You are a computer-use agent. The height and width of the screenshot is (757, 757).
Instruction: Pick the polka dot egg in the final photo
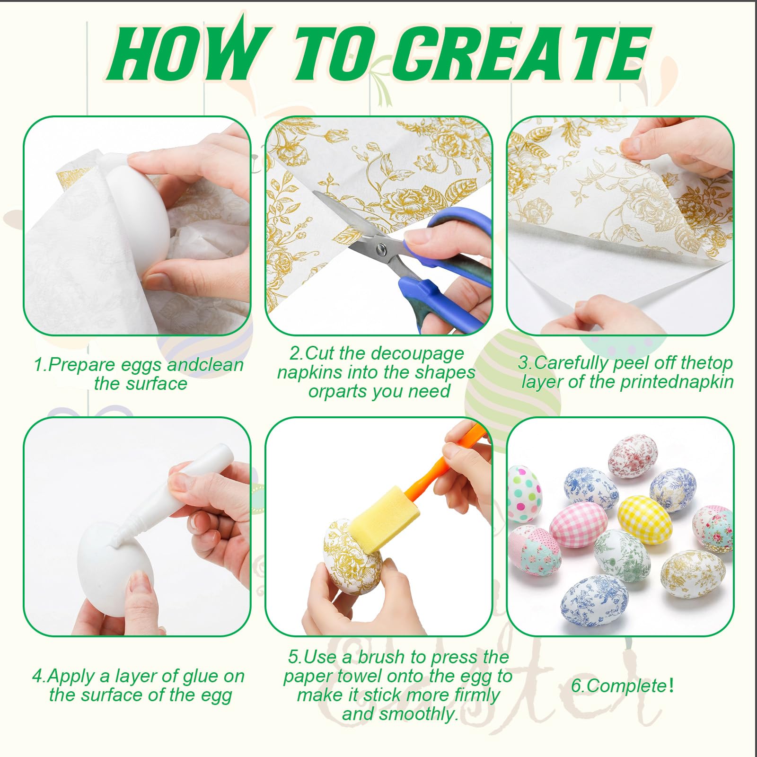[x=524, y=493]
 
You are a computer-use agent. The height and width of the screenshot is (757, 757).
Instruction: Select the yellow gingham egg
[x=644, y=519]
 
